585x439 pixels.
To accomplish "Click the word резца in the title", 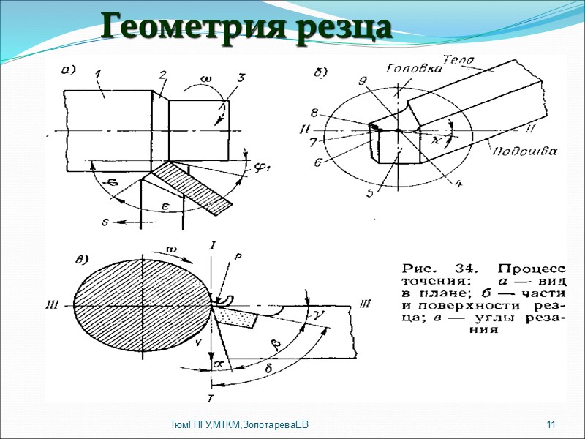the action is tap(341, 28).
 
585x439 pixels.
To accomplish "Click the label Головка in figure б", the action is tap(413, 68).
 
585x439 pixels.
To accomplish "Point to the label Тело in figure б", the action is tap(459, 59).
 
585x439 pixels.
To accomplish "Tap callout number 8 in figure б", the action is tap(314, 113).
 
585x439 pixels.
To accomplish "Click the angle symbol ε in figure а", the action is tap(165, 207).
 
